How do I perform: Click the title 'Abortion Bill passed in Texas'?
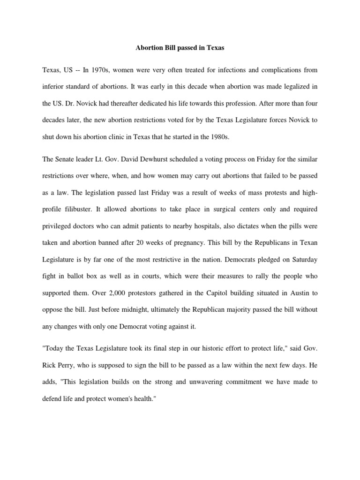(x=180, y=47)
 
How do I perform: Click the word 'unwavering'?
(x=201, y=382)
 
